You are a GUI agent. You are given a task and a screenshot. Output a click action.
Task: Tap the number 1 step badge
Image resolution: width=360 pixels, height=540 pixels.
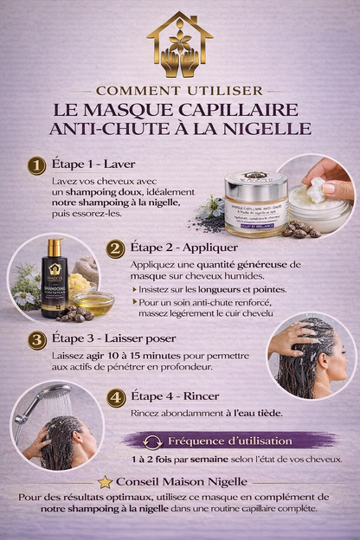point(36,165)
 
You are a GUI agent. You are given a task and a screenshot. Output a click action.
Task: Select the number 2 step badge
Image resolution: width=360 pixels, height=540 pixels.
point(116,247)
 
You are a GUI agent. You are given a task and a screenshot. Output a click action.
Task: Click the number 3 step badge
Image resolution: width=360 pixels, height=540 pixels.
point(36,338)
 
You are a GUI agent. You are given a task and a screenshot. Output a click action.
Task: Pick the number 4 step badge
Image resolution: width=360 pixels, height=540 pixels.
point(116,398)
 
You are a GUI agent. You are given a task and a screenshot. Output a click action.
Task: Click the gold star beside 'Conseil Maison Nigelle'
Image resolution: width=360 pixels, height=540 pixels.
point(105,481)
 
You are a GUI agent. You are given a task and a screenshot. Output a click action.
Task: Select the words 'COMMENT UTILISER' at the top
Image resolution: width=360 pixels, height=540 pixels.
point(179,90)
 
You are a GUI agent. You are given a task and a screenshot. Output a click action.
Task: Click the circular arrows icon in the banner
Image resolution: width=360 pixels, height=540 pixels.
point(153,442)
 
